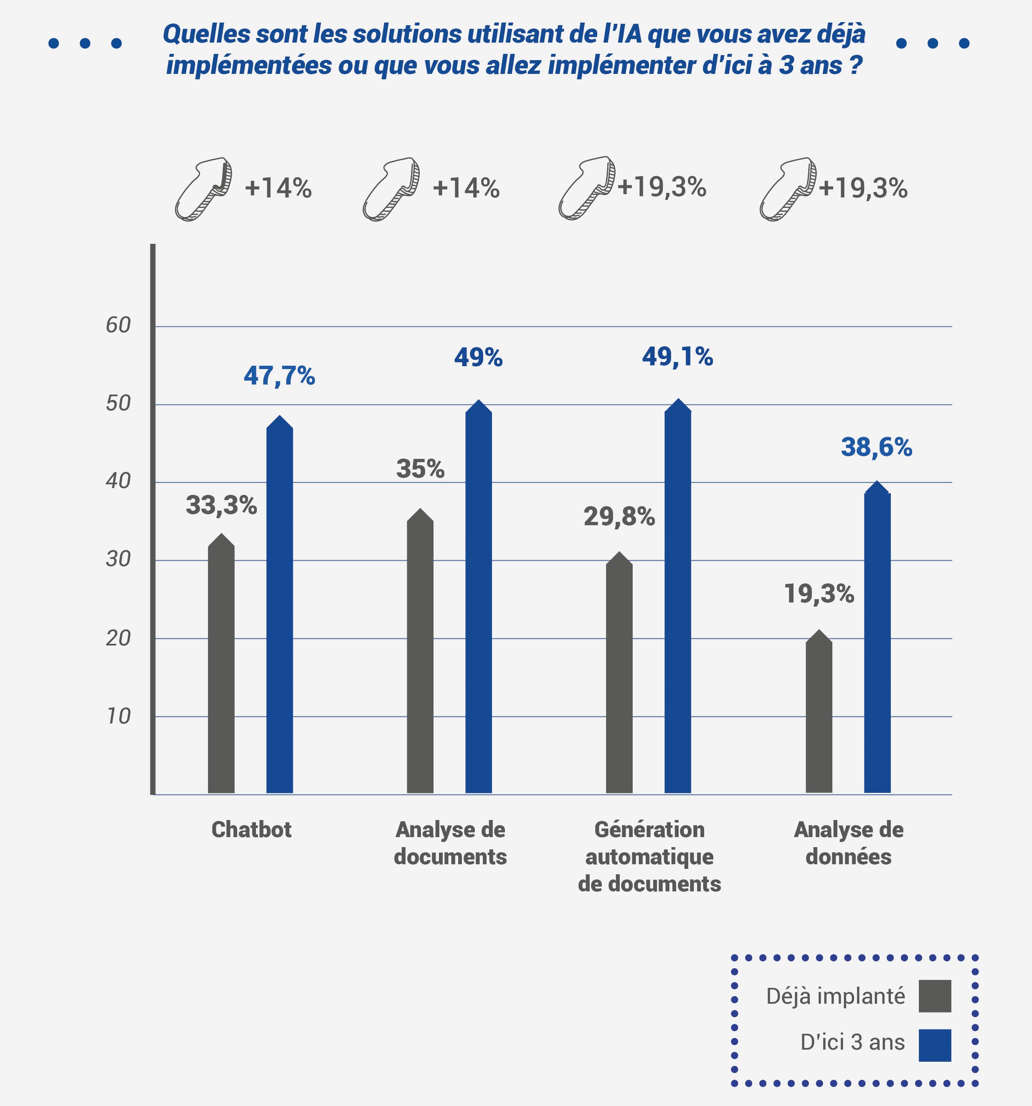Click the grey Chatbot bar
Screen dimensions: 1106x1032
point(221,668)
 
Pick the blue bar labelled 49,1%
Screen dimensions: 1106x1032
point(677,601)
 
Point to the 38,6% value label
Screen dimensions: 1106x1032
point(876,447)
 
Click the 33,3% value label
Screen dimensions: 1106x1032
point(221,506)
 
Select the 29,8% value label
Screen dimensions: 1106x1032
point(619,517)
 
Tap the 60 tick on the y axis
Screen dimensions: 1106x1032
point(118,326)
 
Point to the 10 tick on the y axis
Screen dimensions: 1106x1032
point(118,716)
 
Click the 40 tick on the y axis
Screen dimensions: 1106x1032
point(118,481)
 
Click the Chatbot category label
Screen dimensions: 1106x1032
point(251,830)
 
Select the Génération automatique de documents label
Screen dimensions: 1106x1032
point(649,856)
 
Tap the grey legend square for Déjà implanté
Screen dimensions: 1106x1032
point(935,996)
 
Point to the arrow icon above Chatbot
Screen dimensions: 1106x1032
point(203,189)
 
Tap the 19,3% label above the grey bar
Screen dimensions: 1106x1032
point(819,594)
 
